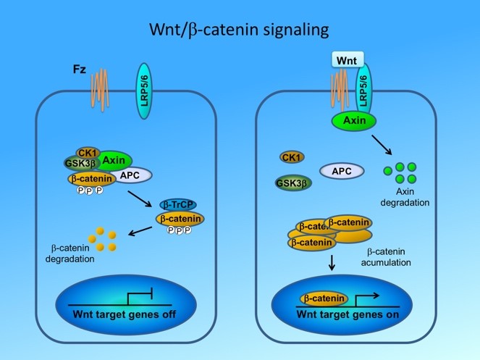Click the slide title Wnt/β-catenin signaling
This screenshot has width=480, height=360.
click(240, 31)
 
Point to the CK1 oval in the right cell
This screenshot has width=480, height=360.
click(291, 157)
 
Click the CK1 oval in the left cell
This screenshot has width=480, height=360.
click(88, 152)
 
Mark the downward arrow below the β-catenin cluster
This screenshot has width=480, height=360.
click(332, 265)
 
